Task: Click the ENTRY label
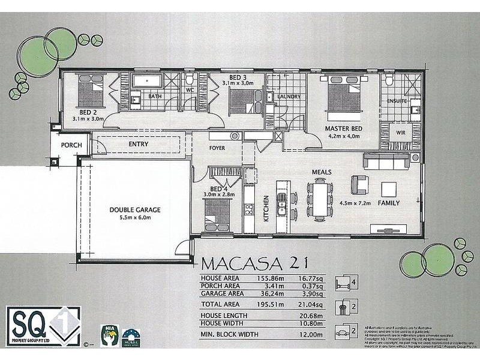(x=139, y=145)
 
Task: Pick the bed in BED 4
(x=217, y=212)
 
